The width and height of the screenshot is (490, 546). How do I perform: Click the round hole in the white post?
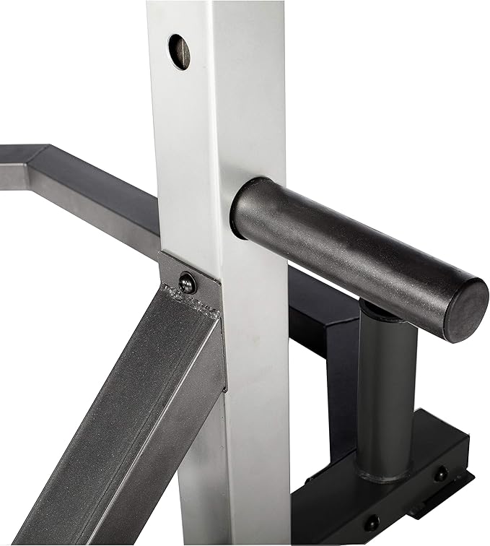[180, 52]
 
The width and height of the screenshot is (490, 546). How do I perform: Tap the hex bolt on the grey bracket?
[188, 283]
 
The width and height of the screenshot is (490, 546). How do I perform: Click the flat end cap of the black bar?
[465, 310]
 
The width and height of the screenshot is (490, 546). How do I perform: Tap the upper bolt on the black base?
[440, 474]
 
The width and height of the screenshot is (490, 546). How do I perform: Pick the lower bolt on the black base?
[372, 521]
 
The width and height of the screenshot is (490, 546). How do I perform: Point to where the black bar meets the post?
[238, 209]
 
